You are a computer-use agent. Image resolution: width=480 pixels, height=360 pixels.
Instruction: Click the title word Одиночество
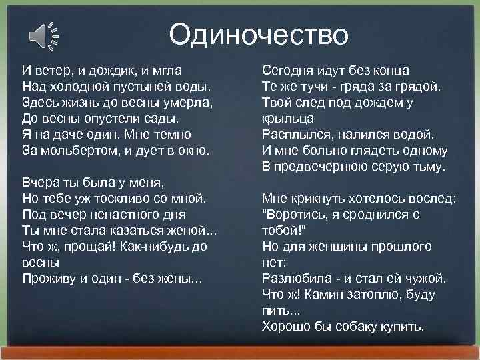click(x=258, y=34)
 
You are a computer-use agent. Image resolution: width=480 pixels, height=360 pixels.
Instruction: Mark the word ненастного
click(x=123, y=214)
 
